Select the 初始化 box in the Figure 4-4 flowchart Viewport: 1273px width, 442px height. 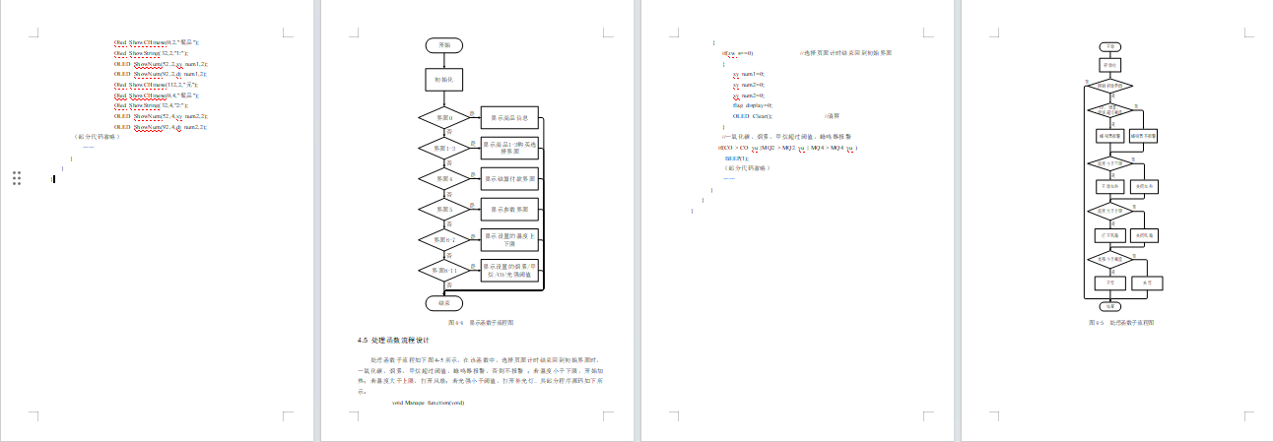[443, 79]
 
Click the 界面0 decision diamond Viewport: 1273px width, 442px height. [443, 118]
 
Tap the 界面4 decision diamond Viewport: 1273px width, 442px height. [443, 179]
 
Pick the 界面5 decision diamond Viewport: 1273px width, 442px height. [443, 210]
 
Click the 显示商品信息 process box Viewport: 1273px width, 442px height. [509, 118]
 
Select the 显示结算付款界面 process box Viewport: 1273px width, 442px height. [509, 179]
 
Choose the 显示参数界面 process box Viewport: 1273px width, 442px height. [509, 210]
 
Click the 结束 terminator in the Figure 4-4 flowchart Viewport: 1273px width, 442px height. [443, 302]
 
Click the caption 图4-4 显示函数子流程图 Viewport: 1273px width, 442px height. [481, 322]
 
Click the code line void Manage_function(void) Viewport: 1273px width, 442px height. [428, 403]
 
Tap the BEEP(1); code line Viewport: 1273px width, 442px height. [737, 158]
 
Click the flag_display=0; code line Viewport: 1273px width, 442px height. [753, 104]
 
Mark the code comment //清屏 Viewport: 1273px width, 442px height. [832, 115]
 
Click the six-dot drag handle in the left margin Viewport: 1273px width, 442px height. [17, 178]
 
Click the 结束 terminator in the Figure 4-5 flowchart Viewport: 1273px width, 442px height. [1109, 307]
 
